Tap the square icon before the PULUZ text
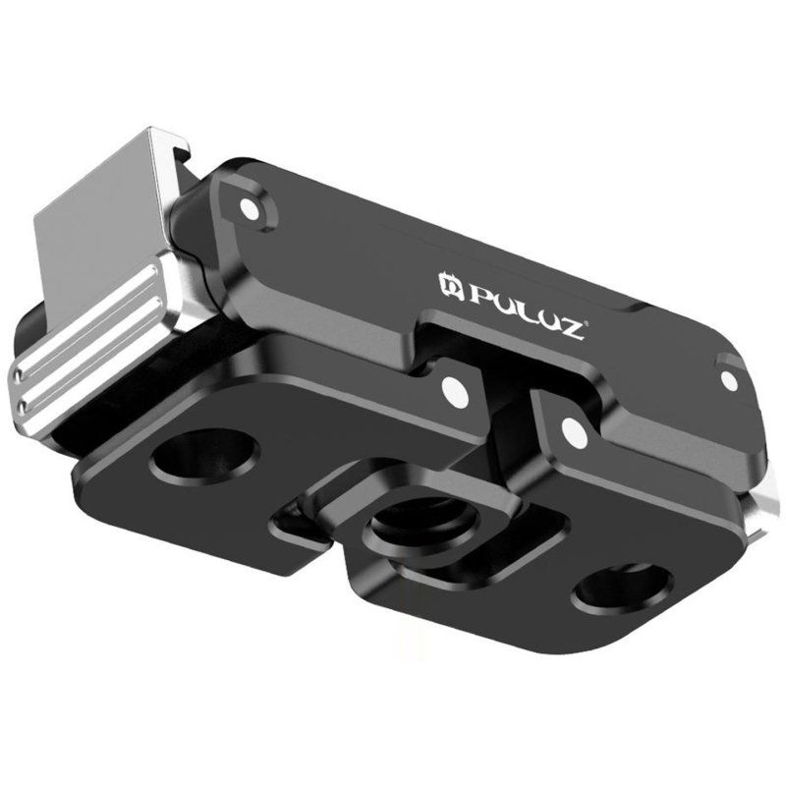click(x=449, y=286)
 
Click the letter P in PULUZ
click(x=474, y=292)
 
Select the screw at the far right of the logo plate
click(x=728, y=378)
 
